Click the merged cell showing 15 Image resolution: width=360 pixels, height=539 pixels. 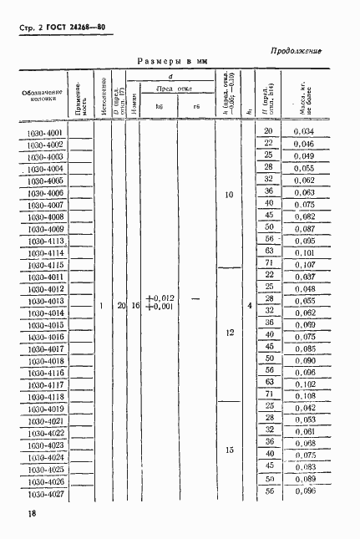click(x=229, y=451)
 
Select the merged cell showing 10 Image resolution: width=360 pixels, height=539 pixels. click(x=229, y=197)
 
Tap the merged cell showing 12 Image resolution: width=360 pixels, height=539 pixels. click(x=229, y=333)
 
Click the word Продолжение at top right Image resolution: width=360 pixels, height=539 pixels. click(x=297, y=51)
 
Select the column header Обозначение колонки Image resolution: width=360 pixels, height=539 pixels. click(x=43, y=95)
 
